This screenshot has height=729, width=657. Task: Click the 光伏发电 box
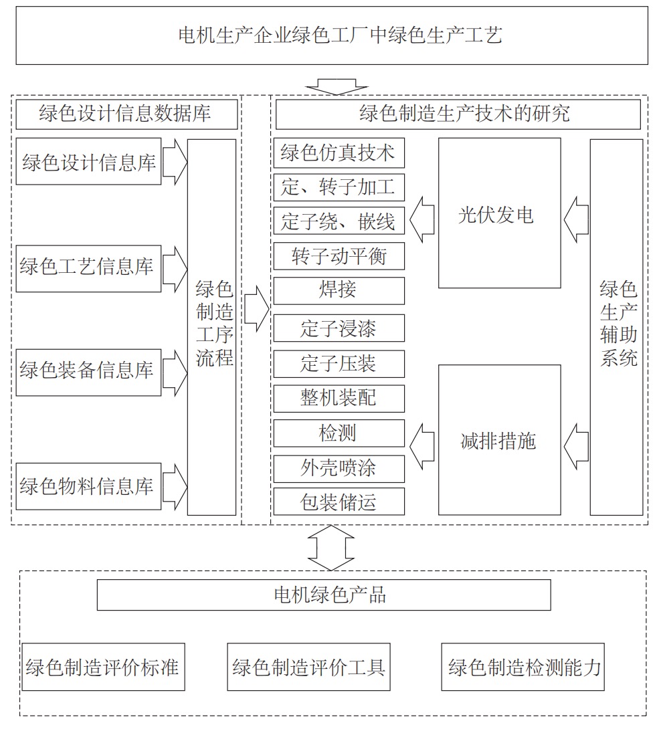(x=499, y=213)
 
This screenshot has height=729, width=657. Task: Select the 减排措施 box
(x=499, y=440)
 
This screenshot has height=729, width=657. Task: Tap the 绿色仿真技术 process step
(x=339, y=153)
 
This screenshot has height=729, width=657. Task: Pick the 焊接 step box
(x=339, y=291)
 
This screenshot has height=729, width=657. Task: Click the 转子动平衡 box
(x=339, y=256)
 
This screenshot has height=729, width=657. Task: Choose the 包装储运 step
(x=339, y=501)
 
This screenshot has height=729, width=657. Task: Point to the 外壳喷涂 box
(x=339, y=469)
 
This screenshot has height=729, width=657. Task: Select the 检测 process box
(x=339, y=433)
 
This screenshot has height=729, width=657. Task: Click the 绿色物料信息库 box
(x=89, y=486)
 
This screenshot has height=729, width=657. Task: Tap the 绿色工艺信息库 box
(x=89, y=269)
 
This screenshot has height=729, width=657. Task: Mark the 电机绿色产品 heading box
(x=324, y=595)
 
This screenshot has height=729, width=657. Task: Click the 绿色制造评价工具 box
(x=308, y=667)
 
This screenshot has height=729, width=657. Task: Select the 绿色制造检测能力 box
(x=523, y=667)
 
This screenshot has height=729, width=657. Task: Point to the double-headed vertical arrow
(x=331, y=548)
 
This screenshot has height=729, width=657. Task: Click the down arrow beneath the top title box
(x=337, y=86)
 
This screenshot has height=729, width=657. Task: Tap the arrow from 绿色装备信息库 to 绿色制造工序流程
(x=175, y=373)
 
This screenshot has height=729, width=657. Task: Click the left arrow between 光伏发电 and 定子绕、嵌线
(x=422, y=219)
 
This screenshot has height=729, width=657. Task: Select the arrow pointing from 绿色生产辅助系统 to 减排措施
(x=577, y=446)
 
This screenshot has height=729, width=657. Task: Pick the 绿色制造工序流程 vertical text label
(x=214, y=324)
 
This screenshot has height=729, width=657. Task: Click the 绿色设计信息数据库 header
(x=126, y=113)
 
